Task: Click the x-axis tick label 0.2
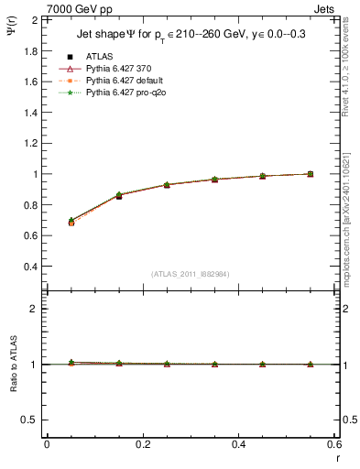(x=142, y=444)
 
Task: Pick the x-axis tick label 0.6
(x=334, y=444)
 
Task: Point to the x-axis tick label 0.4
(x=238, y=444)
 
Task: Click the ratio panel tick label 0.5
(x=30, y=420)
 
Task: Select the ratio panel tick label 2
(x=35, y=309)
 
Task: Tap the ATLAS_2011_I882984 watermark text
(x=191, y=274)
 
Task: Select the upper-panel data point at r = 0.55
(x=311, y=174)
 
